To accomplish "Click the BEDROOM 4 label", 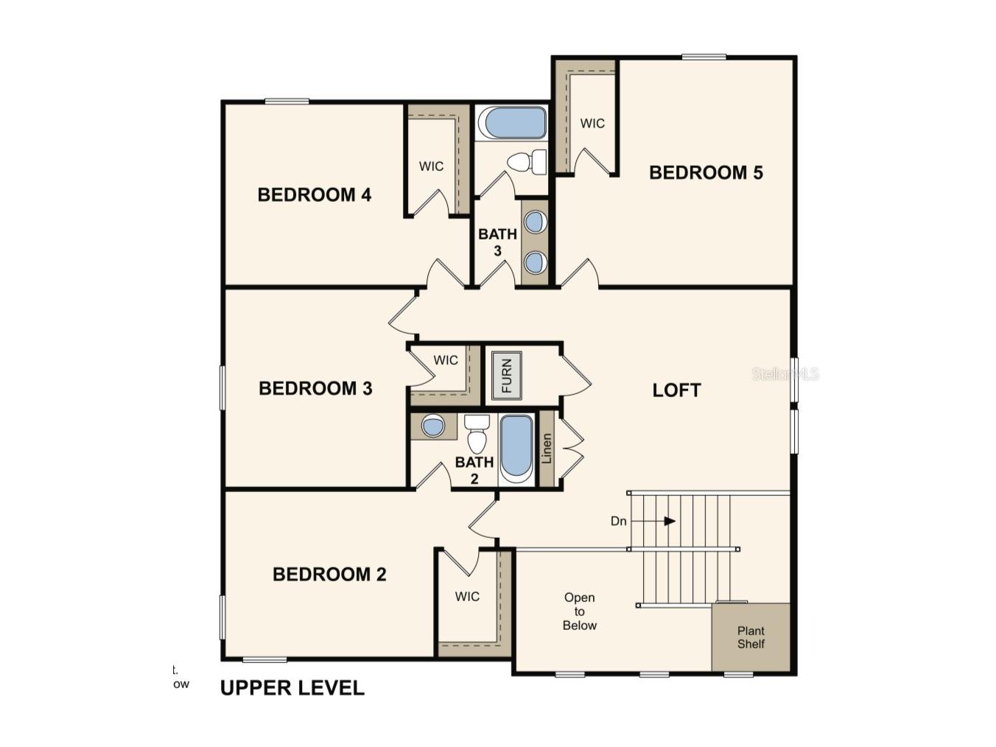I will click(x=314, y=195).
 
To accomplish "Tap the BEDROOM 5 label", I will click(x=705, y=173).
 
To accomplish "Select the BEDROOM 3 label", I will click(x=315, y=388).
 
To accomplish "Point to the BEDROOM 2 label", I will click(x=329, y=575).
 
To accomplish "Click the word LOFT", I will click(x=676, y=390).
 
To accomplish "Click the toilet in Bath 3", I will click(x=527, y=162).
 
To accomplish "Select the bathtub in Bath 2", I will click(x=516, y=446).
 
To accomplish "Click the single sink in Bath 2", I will click(x=432, y=427).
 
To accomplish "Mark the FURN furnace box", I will click(x=506, y=376).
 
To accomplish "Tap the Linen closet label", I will click(x=547, y=449).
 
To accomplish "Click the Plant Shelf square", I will click(x=751, y=637).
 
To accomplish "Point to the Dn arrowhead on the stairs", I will click(x=670, y=522).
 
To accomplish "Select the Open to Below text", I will click(x=580, y=611).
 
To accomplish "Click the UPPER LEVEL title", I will click(x=292, y=688).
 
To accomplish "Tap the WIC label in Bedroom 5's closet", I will click(x=592, y=124).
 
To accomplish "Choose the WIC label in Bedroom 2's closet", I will click(x=467, y=597).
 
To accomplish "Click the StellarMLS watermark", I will click(x=785, y=374).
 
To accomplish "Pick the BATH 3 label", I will click(x=497, y=242).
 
